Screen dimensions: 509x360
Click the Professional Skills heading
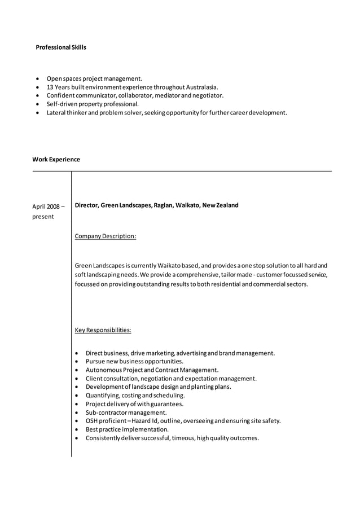click(61, 47)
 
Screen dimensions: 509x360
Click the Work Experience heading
click(56, 160)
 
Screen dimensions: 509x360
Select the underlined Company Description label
click(105, 236)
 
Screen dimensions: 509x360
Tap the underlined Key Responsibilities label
click(103, 330)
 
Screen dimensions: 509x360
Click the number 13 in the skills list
click(50, 87)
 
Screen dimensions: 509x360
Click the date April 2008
click(48, 206)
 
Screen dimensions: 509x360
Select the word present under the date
click(43, 217)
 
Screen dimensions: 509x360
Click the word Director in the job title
click(86, 205)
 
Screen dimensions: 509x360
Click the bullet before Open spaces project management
click(37, 79)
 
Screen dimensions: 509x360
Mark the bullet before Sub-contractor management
click(76, 413)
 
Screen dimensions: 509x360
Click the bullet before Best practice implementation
click(76, 429)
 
